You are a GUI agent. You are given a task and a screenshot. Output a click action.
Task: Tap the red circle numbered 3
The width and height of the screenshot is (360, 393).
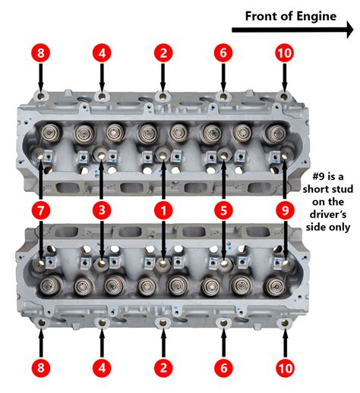click(102, 207)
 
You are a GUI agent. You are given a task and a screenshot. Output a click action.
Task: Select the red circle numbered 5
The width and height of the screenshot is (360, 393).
click(223, 207)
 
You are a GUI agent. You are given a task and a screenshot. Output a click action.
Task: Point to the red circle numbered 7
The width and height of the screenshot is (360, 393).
click(41, 207)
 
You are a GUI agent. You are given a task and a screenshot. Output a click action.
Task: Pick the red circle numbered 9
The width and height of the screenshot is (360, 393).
click(284, 207)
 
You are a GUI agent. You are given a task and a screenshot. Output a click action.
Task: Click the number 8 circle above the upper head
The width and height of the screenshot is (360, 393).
click(41, 54)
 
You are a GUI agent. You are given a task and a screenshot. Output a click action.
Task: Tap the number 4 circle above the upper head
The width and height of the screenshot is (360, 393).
click(102, 54)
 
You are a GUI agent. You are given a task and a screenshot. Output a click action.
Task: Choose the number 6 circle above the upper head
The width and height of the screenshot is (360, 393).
click(223, 54)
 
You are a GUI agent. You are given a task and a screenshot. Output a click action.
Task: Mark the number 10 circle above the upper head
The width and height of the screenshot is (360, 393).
click(284, 54)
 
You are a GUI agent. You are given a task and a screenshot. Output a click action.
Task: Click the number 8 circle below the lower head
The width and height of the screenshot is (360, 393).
click(41, 369)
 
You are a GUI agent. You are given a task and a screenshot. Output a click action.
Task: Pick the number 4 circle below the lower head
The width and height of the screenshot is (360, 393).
click(102, 369)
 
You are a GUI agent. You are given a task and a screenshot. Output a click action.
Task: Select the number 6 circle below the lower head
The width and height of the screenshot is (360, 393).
click(223, 369)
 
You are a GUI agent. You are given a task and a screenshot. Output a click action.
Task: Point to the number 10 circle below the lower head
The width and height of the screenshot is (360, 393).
click(284, 369)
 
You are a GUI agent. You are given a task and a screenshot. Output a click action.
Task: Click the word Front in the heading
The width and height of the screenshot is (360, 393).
click(262, 14)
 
